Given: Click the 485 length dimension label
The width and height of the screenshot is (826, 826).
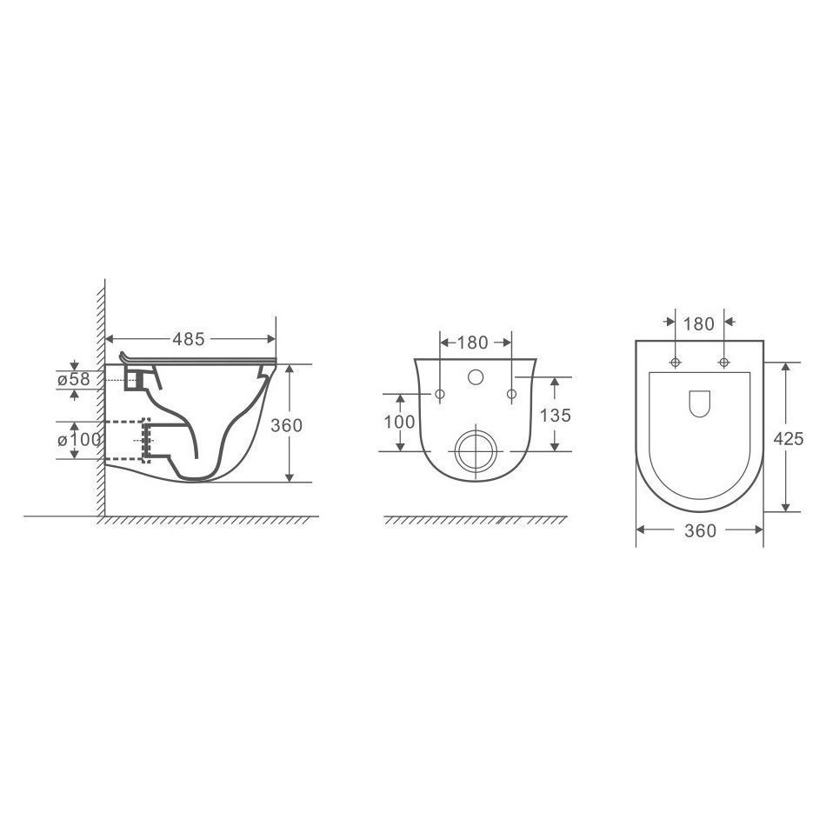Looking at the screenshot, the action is [x=188, y=339].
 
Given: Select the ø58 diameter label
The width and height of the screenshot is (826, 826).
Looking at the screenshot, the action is [x=74, y=379].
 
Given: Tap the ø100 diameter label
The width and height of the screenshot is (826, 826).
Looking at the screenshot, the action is [x=79, y=439].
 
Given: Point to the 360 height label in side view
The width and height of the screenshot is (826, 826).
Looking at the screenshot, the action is [x=287, y=425].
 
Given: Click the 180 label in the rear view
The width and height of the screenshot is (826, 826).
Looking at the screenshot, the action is [x=472, y=343].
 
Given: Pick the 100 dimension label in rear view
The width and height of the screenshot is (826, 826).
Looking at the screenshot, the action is [x=399, y=422].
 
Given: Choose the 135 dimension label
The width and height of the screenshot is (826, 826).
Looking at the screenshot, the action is [x=556, y=416].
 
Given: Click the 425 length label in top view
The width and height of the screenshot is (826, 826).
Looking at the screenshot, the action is [x=788, y=438].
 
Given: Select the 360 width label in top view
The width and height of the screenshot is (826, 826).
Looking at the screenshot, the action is [x=700, y=530].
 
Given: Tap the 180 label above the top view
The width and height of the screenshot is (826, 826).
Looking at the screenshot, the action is [x=698, y=324].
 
